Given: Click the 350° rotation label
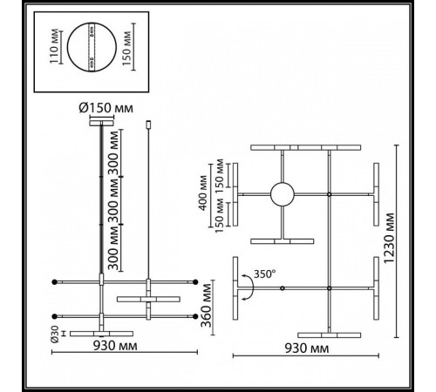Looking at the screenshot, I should click(x=265, y=273).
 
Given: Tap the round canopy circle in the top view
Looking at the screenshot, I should click(x=282, y=193).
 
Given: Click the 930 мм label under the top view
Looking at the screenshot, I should click(x=305, y=348).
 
